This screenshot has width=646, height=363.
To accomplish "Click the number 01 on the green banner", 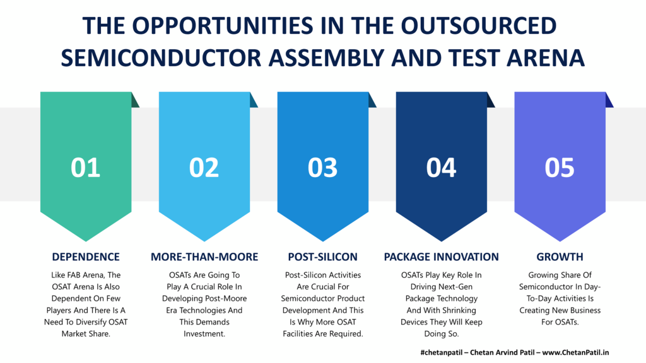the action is (x=86, y=168).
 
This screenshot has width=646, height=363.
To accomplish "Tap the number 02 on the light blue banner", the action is (x=204, y=168).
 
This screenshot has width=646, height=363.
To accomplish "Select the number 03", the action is (x=322, y=168).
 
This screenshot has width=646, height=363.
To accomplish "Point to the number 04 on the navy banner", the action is (x=441, y=168).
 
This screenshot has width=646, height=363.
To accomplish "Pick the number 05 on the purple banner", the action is (x=560, y=168).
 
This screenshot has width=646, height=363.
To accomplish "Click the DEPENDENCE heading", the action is (x=86, y=257).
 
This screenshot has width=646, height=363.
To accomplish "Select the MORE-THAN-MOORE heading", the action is (x=204, y=257).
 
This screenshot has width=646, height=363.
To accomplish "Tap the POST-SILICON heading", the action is (x=322, y=257).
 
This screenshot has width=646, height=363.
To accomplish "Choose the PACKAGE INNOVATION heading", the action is (x=441, y=257).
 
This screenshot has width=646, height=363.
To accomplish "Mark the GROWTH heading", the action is (x=560, y=257).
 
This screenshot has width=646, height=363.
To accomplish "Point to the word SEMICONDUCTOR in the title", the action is (x=161, y=57).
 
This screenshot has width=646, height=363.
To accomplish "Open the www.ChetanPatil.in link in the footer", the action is (x=575, y=352).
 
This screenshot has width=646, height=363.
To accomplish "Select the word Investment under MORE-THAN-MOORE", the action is (x=204, y=334).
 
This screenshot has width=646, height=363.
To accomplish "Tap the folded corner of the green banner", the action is (x=135, y=100).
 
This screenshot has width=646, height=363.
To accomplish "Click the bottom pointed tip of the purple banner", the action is (x=560, y=241).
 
